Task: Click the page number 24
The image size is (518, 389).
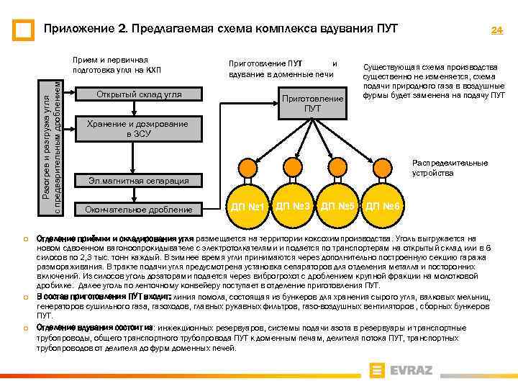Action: [496, 30]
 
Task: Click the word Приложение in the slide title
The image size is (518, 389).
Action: [76, 30]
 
